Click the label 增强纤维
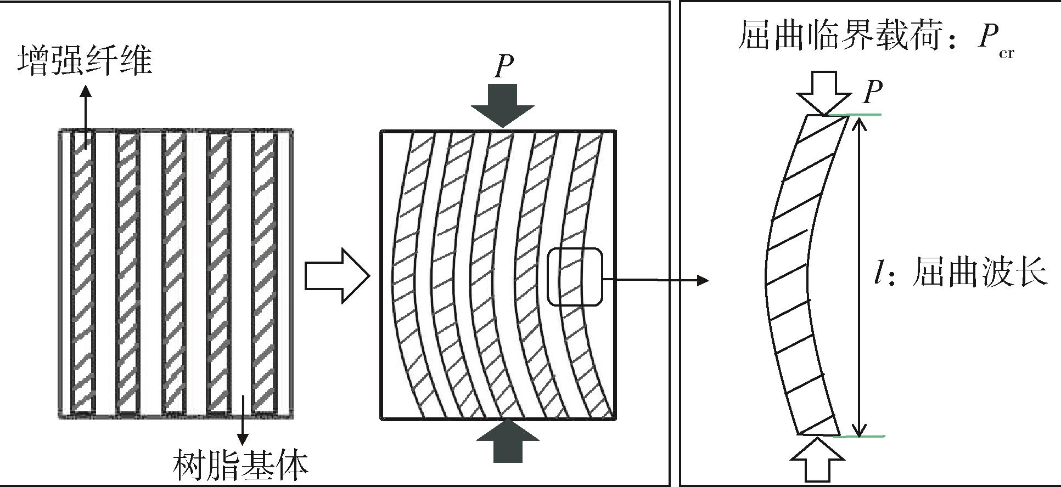pyautogui.click(x=85, y=61)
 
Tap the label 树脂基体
pyautogui.click(x=240, y=466)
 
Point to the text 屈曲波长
pyautogui.click(x=980, y=272)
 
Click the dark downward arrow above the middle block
pyautogui.click(x=502, y=106)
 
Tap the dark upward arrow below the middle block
pyautogui.click(x=508, y=441)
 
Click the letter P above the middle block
pyautogui.click(x=503, y=67)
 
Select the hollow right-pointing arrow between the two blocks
pyautogui.click(x=337, y=275)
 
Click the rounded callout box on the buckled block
pyautogui.click(x=575, y=277)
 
